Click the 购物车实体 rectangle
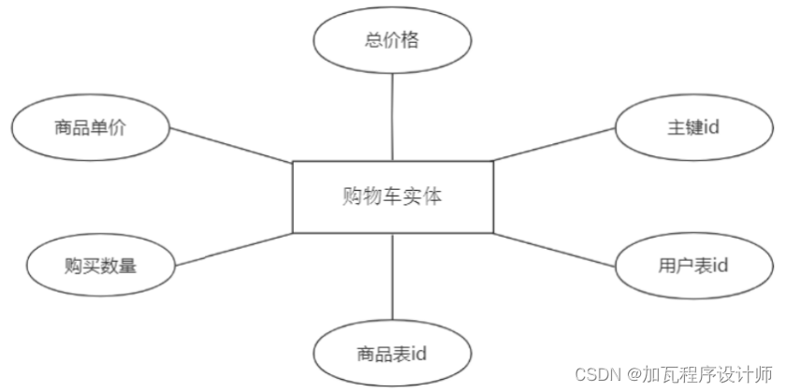tap(392, 196)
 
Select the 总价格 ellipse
tap(392, 40)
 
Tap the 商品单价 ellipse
tap(90, 126)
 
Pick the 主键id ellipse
tap(693, 126)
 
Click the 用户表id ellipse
tap(693, 266)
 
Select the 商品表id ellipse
tap(392, 354)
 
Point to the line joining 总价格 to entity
tap(392, 117)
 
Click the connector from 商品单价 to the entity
tap(229, 145)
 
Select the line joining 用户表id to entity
tap(554, 249)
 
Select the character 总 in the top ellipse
tap(373, 41)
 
